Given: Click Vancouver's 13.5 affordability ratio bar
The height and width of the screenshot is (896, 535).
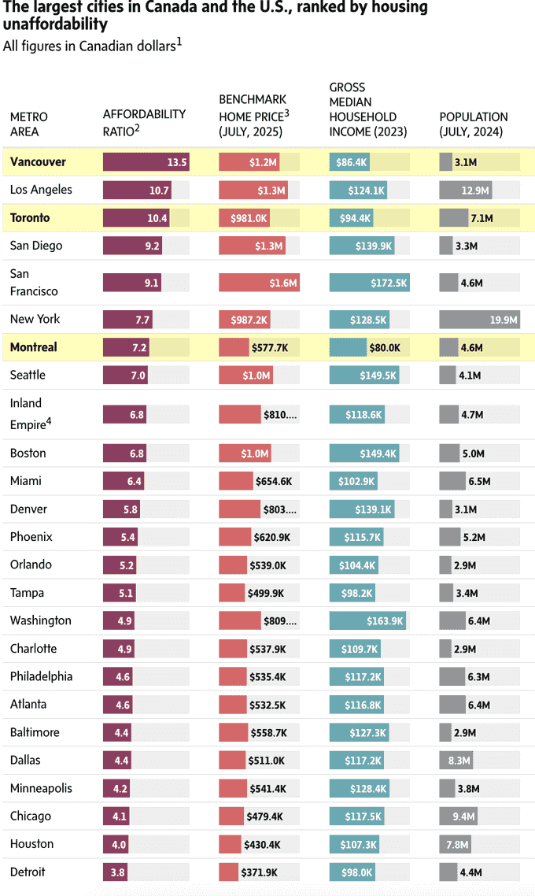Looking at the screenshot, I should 146,162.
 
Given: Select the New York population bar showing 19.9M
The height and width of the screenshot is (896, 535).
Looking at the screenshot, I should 479,320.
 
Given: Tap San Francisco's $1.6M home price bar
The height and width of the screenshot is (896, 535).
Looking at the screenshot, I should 259,283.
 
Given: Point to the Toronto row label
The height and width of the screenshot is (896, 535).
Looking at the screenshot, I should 30,218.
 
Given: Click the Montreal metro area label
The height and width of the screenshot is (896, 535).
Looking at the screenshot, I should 34,347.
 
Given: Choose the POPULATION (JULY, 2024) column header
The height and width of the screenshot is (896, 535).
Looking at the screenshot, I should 474,124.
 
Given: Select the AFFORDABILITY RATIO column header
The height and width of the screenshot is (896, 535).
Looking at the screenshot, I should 144,121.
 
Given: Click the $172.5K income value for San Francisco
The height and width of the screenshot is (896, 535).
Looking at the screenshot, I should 389,283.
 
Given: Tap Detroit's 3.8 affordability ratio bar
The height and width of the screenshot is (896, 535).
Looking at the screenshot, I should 115,872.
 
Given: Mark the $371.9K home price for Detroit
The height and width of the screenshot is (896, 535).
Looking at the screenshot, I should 259,872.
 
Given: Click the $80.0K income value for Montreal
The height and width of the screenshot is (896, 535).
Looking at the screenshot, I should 384,347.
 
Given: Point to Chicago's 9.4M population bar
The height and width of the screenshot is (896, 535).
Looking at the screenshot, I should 457,816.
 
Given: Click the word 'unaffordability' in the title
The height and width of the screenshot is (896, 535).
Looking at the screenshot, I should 55,24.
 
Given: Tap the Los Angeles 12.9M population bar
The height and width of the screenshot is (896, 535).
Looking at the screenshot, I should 465,191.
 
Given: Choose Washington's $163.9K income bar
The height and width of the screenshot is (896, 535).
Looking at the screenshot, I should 367,621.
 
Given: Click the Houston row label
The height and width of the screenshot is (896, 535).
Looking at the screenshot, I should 32,844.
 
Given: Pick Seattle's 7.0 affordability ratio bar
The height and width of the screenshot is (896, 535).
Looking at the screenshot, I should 125,376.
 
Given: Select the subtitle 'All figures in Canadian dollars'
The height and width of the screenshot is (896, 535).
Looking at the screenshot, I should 89,46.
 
